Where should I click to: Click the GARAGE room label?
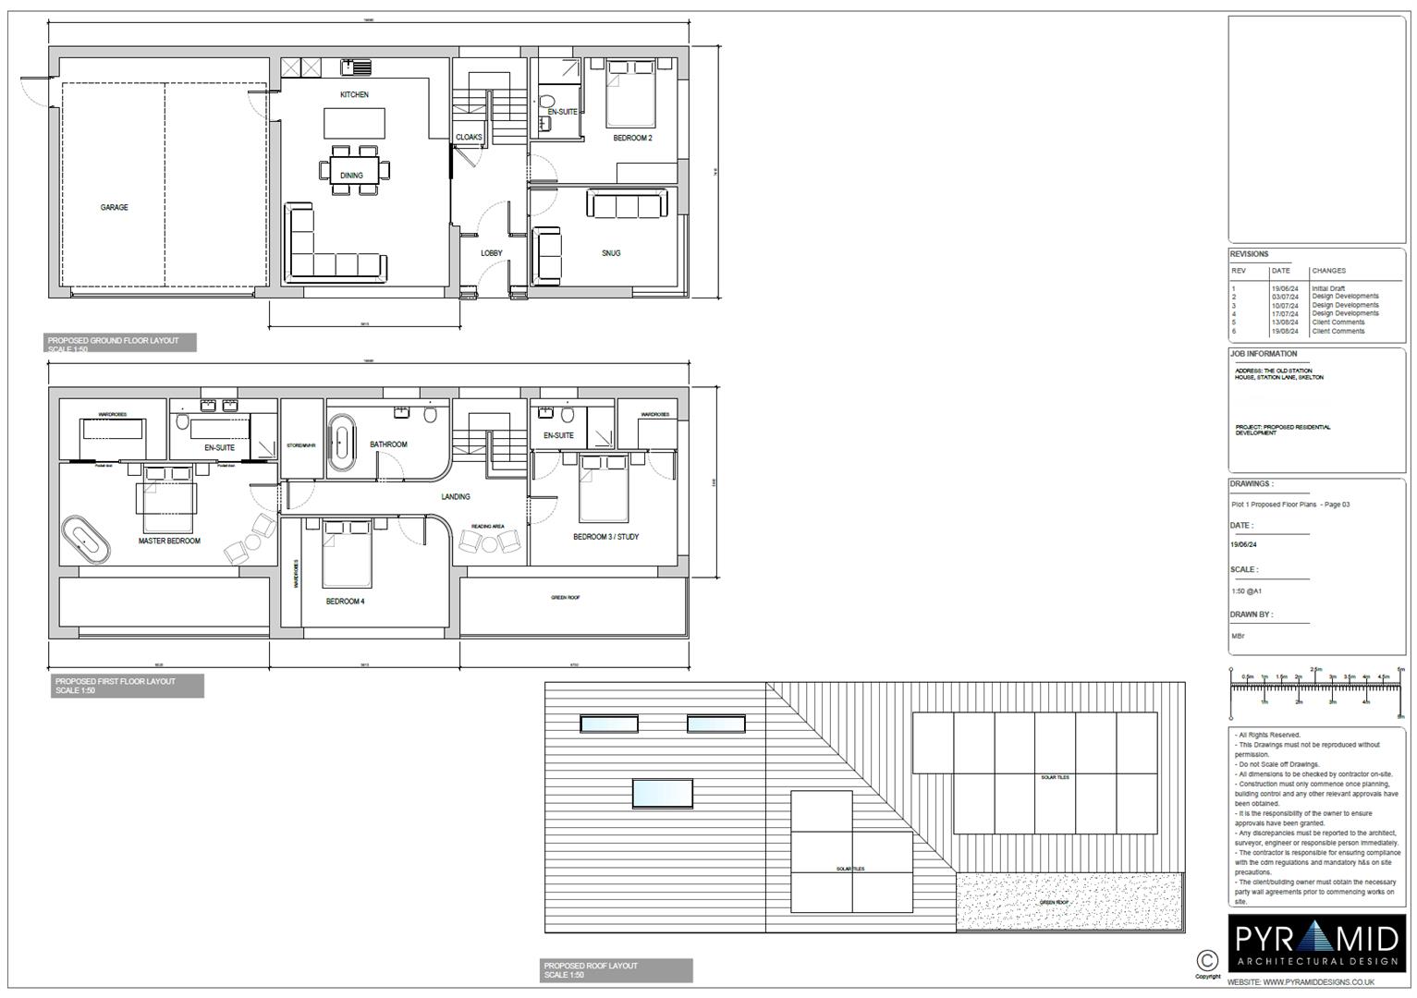pyautogui.click(x=115, y=208)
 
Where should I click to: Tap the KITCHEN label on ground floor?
pyautogui.click(x=354, y=95)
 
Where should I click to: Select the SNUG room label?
pyautogui.click(x=611, y=253)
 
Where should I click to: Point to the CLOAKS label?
pyautogui.click(x=469, y=138)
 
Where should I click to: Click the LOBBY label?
pyautogui.click(x=492, y=253)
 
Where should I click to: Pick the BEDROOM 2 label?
pyautogui.click(x=633, y=139)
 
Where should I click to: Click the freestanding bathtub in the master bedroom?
pyautogui.click(x=86, y=541)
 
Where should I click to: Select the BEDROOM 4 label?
pyautogui.click(x=346, y=602)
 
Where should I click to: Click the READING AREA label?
pyautogui.click(x=487, y=527)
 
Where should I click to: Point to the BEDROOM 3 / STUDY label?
pyautogui.click(x=605, y=537)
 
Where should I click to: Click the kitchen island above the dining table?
pyautogui.click(x=354, y=123)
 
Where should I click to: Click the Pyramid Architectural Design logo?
pyautogui.click(x=1317, y=944)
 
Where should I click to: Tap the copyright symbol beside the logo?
pyautogui.click(x=1206, y=960)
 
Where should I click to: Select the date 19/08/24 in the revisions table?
pyautogui.click(x=1285, y=331)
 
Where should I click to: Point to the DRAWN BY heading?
pyautogui.click(x=1251, y=615)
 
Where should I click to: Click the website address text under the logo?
pyautogui.click(x=1316, y=982)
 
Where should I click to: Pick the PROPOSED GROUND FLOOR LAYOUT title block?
pyautogui.click(x=121, y=343)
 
